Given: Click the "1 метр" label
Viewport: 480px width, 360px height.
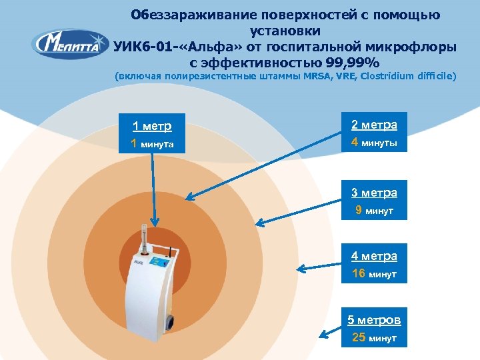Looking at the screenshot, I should [152, 126].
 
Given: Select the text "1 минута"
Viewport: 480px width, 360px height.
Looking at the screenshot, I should [152, 143].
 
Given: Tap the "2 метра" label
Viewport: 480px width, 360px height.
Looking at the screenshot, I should [374, 125].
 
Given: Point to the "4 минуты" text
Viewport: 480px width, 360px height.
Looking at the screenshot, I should [374, 143].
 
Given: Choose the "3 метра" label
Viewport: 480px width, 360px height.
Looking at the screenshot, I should [374, 193].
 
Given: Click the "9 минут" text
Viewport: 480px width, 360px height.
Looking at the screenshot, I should [374, 211].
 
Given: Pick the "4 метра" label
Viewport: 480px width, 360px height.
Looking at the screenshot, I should [374, 256].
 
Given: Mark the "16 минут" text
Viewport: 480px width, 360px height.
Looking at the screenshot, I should [374, 274].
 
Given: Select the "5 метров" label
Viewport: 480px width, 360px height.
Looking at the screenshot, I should [374, 320].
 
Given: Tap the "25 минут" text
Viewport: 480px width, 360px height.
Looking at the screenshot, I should [374, 338].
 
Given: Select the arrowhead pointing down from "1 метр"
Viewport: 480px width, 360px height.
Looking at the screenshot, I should [155, 225].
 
